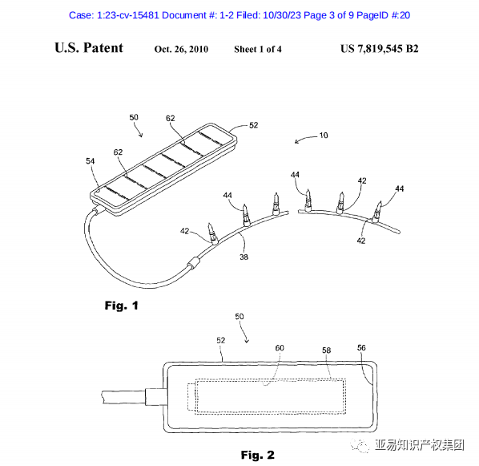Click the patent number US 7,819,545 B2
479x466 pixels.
coord(380,49)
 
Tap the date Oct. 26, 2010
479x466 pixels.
coord(181,49)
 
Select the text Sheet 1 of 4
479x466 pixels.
coord(258,49)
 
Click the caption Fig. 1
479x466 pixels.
coord(121,306)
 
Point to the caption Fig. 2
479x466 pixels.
coord(258,455)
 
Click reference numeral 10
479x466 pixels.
coord(324,136)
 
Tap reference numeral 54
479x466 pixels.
coord(91,161)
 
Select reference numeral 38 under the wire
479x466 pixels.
coord(244,257)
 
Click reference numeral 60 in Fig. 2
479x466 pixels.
coord(280,348)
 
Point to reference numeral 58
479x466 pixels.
coord(326,351)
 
